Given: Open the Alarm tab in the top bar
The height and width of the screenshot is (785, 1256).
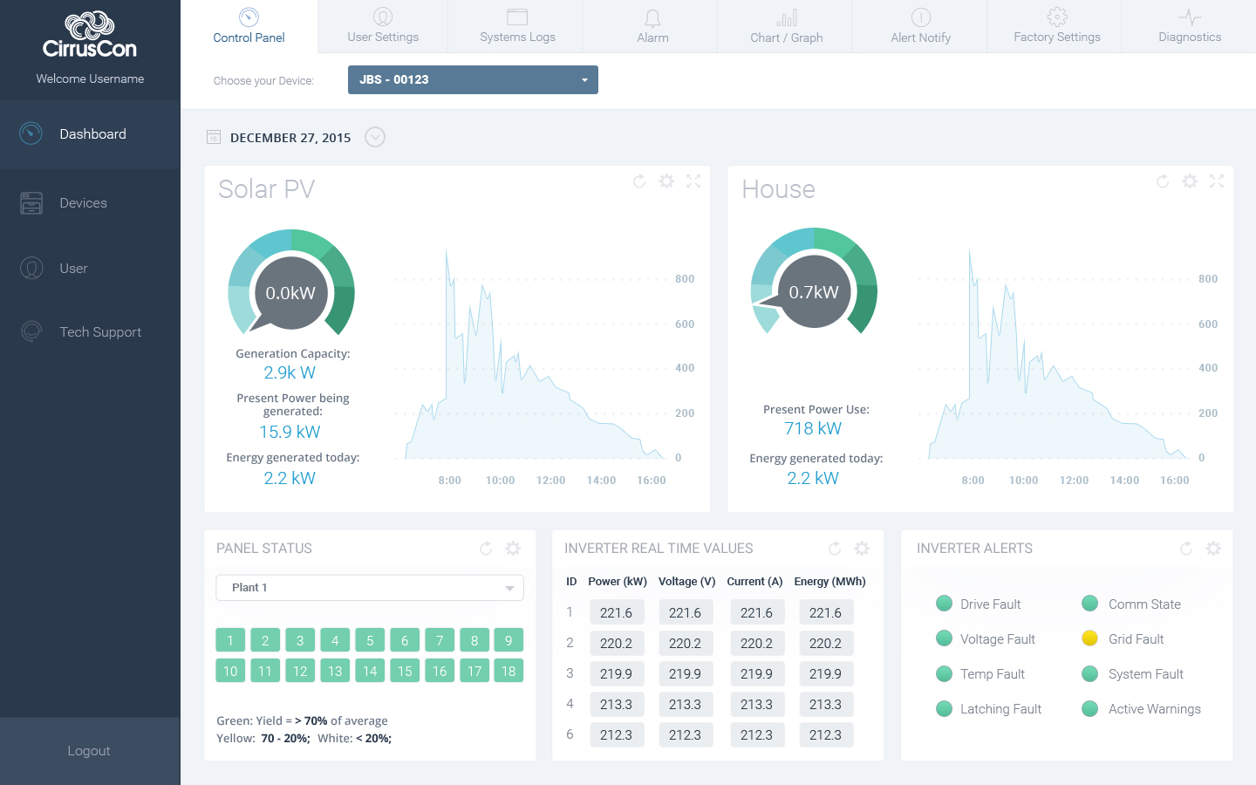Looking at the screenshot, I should pyautogui.click(x=652, y=27).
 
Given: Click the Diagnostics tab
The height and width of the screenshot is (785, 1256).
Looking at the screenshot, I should pyautogui.click(x=1189, y=27).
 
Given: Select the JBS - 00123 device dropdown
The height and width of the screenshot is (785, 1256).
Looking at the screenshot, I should pyautogui.click(x=473, y=79).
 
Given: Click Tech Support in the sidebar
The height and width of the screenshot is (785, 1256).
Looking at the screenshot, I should pyautogui.click(x=99, y=332).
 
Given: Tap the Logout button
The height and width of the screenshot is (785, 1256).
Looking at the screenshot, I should pyautogui.click(x=89, y=751).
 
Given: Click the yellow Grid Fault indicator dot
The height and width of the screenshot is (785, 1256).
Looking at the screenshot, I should pyautogui.click(x=1089, y=638).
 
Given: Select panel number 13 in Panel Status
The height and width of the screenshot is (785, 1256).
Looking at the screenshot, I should pyautogui.click(x=335, y=671).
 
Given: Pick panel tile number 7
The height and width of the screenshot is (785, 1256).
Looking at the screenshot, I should pyautogui.click(x=440, y=640).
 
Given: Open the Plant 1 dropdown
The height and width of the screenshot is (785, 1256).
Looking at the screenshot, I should pyautogui.click(x=369, y=588).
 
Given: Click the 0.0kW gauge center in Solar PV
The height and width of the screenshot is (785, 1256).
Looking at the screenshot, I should pyautogui.click(x=290, y=293).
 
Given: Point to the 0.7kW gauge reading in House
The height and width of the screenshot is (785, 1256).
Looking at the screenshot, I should pyautogui.click(x=814, y=292).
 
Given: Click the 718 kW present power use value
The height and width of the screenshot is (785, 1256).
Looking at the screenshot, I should pyautogui.click(x=813, y=428).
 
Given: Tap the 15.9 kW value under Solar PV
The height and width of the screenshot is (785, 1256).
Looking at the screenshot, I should pyautogui.click(x=290, y=432).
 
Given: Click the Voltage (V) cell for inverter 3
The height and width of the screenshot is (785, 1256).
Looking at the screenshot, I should pyautogui.click(x=685, y=673).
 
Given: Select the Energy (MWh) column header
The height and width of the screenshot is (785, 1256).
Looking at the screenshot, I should pyautogui.click(x=829, y=582).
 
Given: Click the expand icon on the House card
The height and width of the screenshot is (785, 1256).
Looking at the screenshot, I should pyautogui.click(x=1217, y=181).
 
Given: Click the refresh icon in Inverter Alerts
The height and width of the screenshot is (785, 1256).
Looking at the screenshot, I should pyautogui.click(x=1186, y=549).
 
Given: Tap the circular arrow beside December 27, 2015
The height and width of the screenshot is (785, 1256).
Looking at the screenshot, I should pyautogui.click(x=375, y=137).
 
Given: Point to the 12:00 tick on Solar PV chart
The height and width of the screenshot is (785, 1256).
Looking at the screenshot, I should pyautogui.click(x=550, y=481).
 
